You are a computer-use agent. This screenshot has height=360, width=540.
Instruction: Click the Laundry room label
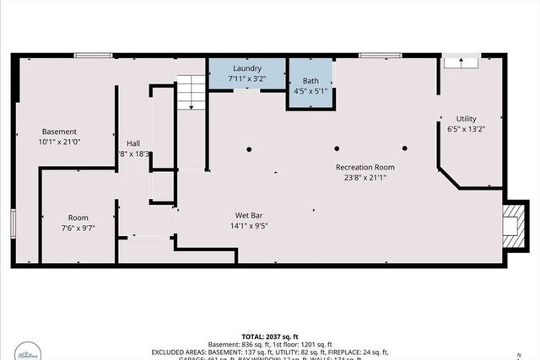point(247,68)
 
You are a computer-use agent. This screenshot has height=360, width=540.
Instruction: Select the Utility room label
point(466,119)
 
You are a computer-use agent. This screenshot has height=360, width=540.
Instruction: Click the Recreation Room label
point(364,167)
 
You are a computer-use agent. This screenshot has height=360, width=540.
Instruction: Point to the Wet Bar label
point(247,215)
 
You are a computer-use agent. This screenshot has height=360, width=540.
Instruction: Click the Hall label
point(133,143)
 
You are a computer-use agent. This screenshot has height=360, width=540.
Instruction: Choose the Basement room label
point(60,132)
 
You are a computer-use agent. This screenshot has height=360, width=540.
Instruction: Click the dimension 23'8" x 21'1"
point(364,178)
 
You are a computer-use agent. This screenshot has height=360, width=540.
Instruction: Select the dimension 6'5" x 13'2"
point(466,130)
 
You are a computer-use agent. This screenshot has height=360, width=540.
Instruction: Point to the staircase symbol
point(192,90)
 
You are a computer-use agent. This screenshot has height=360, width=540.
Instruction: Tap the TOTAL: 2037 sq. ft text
point(269,334)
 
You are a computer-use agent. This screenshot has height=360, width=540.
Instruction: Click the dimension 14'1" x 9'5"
point(247,226)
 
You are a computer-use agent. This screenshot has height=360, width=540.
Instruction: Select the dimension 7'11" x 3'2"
point(247,78)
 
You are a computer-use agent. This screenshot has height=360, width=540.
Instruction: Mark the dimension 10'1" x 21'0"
point(60,142)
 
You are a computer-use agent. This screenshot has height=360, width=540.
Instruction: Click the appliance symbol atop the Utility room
point(461,61)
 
